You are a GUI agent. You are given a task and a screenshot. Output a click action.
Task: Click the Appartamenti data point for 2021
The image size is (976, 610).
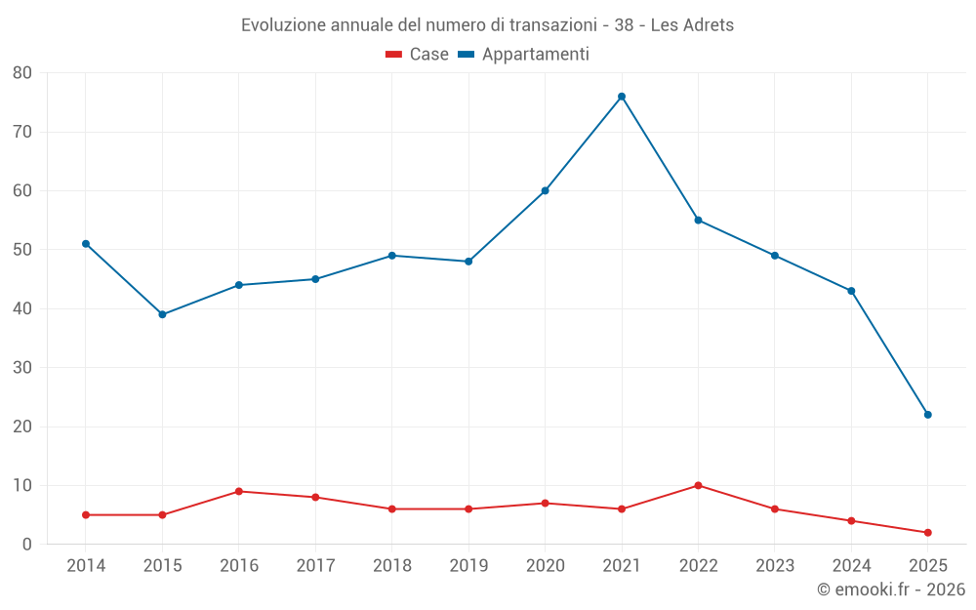(x=622, y=97)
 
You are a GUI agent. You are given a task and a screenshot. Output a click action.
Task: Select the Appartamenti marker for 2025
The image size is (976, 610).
(x=928, y=415)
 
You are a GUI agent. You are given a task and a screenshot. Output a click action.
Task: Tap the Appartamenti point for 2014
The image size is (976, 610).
(x=86, y=244)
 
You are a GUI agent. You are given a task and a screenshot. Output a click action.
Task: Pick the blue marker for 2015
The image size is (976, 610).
(x=162, y=314)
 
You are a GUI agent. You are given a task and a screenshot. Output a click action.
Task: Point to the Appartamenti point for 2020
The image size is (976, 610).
(x=545, y=190)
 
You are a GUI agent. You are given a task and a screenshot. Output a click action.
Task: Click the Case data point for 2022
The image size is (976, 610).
(x=698, y=485)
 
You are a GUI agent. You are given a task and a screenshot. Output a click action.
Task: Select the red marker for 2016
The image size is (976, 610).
(x=239, y=491)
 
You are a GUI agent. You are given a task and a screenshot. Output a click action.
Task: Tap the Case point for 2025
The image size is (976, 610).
(x=928, y=532)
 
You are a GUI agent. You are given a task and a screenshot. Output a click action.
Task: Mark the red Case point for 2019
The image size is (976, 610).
(x=468, y=508)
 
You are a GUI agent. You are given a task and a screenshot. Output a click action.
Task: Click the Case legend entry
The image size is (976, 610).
(x=417, y=55)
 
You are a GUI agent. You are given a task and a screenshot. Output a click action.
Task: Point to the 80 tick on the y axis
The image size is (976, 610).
(x=22, y=73)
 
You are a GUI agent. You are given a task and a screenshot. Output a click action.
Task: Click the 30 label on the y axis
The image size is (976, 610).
(x=22, y=368)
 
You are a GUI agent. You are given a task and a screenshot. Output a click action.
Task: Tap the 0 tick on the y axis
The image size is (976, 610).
(x=27, y=545)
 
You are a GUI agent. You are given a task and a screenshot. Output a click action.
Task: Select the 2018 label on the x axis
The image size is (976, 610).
(x=392, y=566)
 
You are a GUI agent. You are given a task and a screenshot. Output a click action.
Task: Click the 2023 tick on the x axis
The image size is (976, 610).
(x=775, y=566)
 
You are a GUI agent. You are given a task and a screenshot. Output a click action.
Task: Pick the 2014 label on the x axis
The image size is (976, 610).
(x=86, y=566)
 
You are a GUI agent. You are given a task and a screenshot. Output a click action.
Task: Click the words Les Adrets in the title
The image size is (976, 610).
(x=695, y=25)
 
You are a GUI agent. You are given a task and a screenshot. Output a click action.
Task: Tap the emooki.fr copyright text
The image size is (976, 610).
(x=890, y=590)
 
